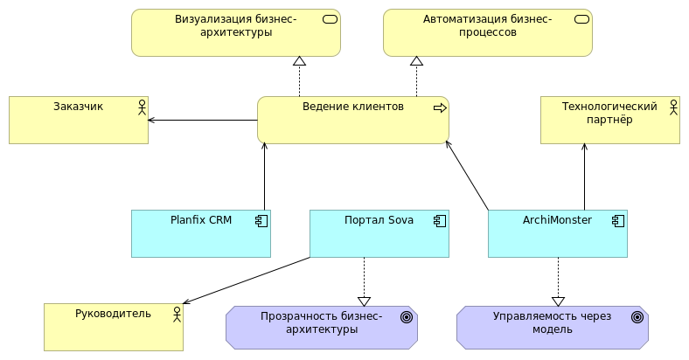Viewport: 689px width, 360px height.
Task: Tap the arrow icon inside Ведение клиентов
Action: pyautogui.click(x=440, y=107)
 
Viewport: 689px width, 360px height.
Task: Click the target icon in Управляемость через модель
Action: pyautogui.click(x=637, y=317)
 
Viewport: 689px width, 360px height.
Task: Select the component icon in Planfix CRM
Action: pyautogui.click(x=261, y=220)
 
